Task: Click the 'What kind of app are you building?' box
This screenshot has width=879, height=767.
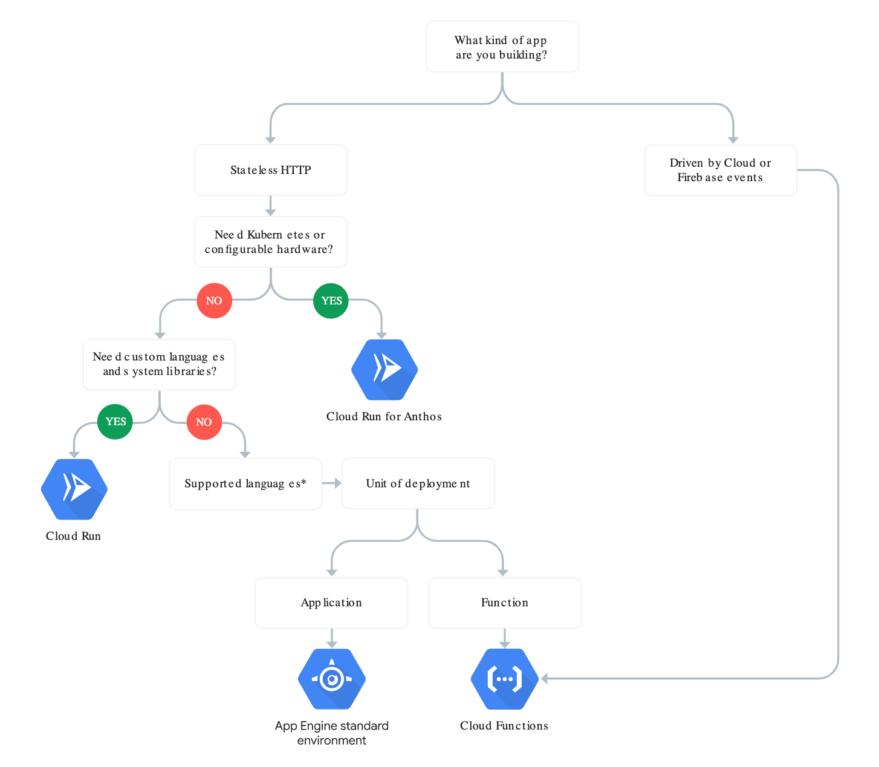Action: pyautogui.click(x=502, y=47)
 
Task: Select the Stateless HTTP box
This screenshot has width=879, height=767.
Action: pyautogui.click(x=270, y=170)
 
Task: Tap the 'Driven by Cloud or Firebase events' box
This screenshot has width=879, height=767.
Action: pyautogui.click(x=720, y=170)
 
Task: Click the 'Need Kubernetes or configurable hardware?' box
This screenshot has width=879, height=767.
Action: pyautogui.click(x=270, y=242)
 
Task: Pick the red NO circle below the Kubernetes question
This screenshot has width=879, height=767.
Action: pyautogui.click(x=214, y=301)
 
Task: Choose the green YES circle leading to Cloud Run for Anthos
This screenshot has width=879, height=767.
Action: pyautogui.click(x=331, y=301)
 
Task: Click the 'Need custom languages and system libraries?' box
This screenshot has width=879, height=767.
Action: pyautogui.click(x=159, y=364)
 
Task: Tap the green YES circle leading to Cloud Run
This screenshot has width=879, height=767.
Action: pyautogui.click(x=115, y=422)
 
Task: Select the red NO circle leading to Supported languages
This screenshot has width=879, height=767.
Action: pyautogui.click(x=204, y=422)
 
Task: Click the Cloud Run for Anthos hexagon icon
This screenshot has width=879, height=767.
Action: pyautogui.click(x=384, y=370)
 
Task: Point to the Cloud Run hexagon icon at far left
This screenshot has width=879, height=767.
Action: pyautogui.click(x=74, y=489)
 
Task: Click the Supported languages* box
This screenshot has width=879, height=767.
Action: pyautogui.click(x=245, y=484)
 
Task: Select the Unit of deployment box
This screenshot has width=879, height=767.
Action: pyautogui.click(x=418, y=484)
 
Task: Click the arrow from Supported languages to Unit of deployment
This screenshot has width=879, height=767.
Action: pyautogui.click(x=332, y=483)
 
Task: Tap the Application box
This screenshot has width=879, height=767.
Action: pyautogui.click(x=331, y=603)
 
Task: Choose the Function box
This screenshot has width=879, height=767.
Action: pyautogui.click(x=504, y=603)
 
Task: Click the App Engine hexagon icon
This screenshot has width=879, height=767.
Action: pyautogui.click(x=331, y=679)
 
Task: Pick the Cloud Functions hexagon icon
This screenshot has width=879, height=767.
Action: pyautogui.click(x=504, y=679)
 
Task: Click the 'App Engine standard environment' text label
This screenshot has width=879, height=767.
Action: pyautogui.click(x=331, y=733)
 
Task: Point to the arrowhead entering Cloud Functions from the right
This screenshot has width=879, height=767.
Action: pyautogui.click(x=544, y=679)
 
